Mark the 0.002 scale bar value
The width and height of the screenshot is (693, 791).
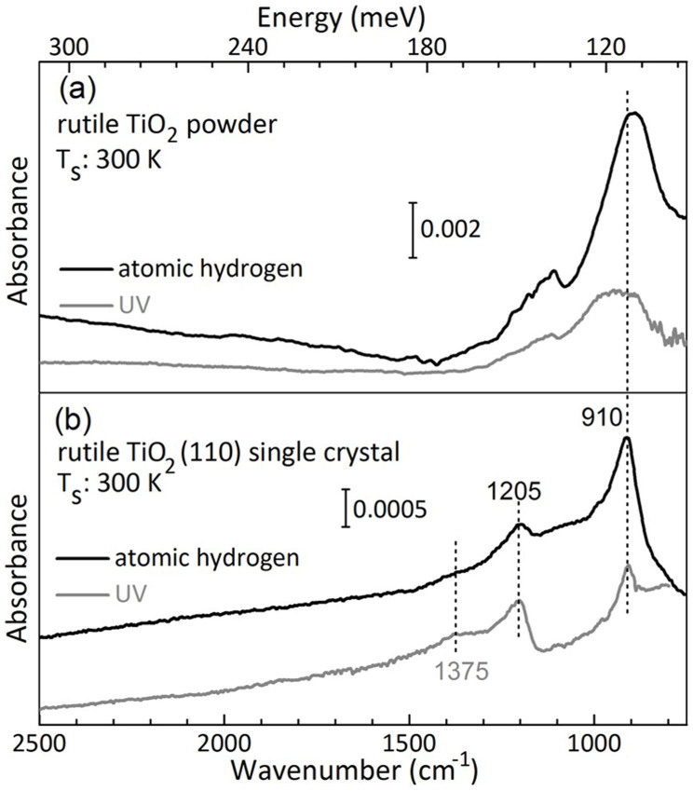pos(450,228)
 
